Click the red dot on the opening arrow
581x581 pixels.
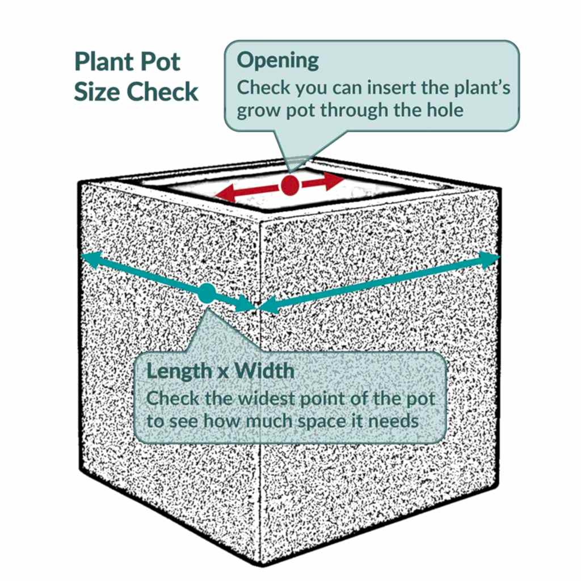click(289, 185)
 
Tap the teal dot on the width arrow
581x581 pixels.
click(207, 293)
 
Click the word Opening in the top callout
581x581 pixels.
click(277, 60)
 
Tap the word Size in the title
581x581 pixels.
click(98, 91)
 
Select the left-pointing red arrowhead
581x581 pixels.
click(226, 193)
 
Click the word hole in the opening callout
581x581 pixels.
click(445, 110)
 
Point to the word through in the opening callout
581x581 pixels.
click(354, 111)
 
